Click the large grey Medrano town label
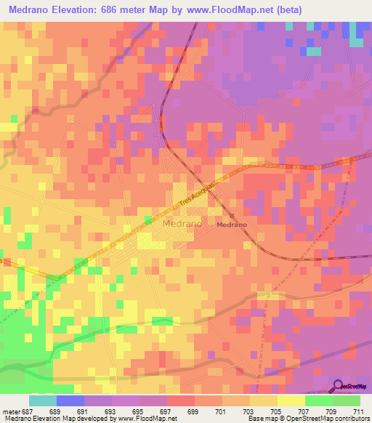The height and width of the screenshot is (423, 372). point(182,224)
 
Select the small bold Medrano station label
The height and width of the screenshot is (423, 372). point(232,225)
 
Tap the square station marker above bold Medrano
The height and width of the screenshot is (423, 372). point(232,216)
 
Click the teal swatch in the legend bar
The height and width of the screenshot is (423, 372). point(43,400)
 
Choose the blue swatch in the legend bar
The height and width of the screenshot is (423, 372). point(70,400)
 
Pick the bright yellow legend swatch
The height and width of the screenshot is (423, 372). point(291,400)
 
